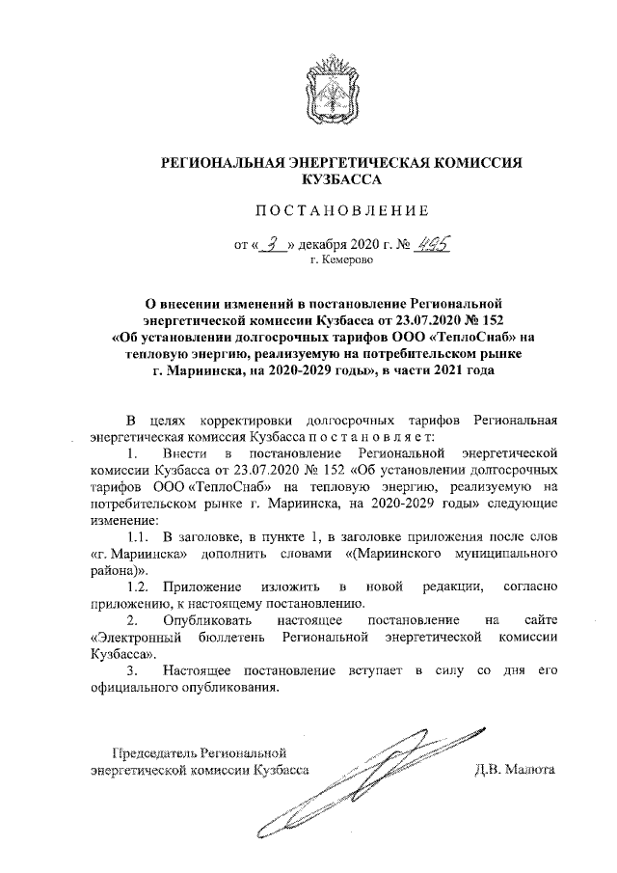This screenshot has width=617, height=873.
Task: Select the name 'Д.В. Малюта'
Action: [x=515, y=770]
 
